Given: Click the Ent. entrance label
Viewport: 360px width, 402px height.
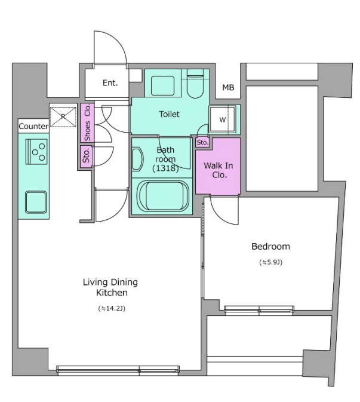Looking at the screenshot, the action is tap(110, 83).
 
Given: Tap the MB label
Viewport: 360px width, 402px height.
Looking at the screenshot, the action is tap(228, 88).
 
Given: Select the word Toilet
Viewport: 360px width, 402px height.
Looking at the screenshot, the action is tap(169, 114).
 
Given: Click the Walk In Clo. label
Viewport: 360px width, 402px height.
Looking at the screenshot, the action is tap(219, 170).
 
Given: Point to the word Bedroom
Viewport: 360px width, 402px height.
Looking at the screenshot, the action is tap(271, 246).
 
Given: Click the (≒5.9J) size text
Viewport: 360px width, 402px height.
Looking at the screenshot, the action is tap(271, 262).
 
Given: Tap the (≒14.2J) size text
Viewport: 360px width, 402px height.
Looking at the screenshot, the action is tap(112, 308).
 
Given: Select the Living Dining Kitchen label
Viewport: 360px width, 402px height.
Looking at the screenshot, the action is tap(110, 287).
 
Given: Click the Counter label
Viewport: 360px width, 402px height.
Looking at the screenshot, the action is tap(33, 126).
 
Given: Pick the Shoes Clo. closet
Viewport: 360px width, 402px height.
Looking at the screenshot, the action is tap(87, 122).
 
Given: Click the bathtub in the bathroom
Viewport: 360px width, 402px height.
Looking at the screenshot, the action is tap(163, 195).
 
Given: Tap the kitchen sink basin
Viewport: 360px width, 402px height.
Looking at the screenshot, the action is tap(36, 202).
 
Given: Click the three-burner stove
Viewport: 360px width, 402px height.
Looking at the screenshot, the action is tap(36, 152).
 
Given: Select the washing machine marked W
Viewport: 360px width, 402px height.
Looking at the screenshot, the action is tap(222, 119).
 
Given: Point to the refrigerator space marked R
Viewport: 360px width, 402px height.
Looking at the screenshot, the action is tap(63, 116).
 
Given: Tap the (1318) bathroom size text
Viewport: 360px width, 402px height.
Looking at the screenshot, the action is tap(165, 168).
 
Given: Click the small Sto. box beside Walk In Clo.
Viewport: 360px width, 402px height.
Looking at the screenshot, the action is tap(202, 142).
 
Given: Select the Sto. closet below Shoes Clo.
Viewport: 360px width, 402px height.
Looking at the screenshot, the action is tap(86, 156).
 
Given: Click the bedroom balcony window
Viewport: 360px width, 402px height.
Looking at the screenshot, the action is tap(259, 309).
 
